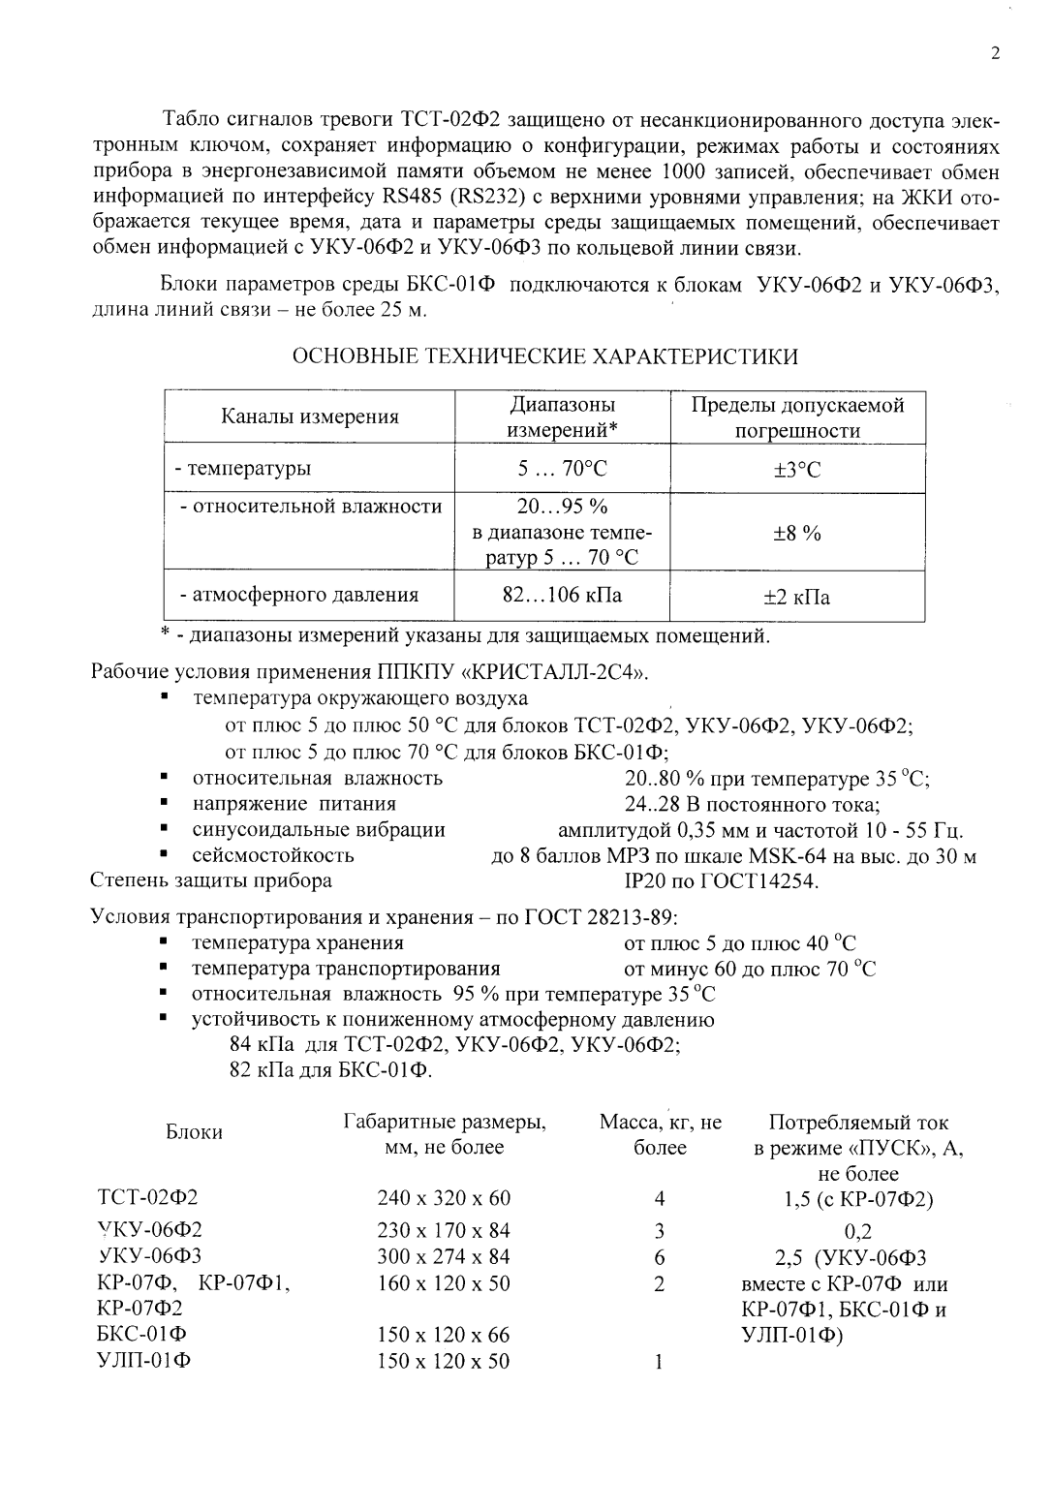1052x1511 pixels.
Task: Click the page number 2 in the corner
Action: tap(995, 54)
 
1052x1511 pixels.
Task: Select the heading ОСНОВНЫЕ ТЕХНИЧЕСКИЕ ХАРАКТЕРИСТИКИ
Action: tap(545, 356)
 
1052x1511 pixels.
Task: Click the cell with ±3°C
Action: tap(796, 470)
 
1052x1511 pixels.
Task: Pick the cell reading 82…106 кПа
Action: tap(562, 595)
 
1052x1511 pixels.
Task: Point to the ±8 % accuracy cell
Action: tap(796, 533)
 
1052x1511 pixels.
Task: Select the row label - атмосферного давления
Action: tap(296, 595)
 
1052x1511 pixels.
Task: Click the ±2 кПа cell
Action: tap(796, 598)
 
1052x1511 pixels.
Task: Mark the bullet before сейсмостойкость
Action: tap(167, 855)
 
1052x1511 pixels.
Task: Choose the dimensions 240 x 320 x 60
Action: tap(444, 1198)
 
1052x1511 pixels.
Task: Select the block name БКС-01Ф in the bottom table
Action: tap(143, 1335)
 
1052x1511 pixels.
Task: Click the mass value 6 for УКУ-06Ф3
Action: tap(660, 1257)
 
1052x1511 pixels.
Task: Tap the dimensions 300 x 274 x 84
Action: tap(444, 1257)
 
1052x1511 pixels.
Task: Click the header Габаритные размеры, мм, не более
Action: tap(445, 1135)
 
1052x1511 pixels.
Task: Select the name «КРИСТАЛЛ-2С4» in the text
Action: tap(560, 672)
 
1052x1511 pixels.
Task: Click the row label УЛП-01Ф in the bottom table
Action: tap(144, 1361)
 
